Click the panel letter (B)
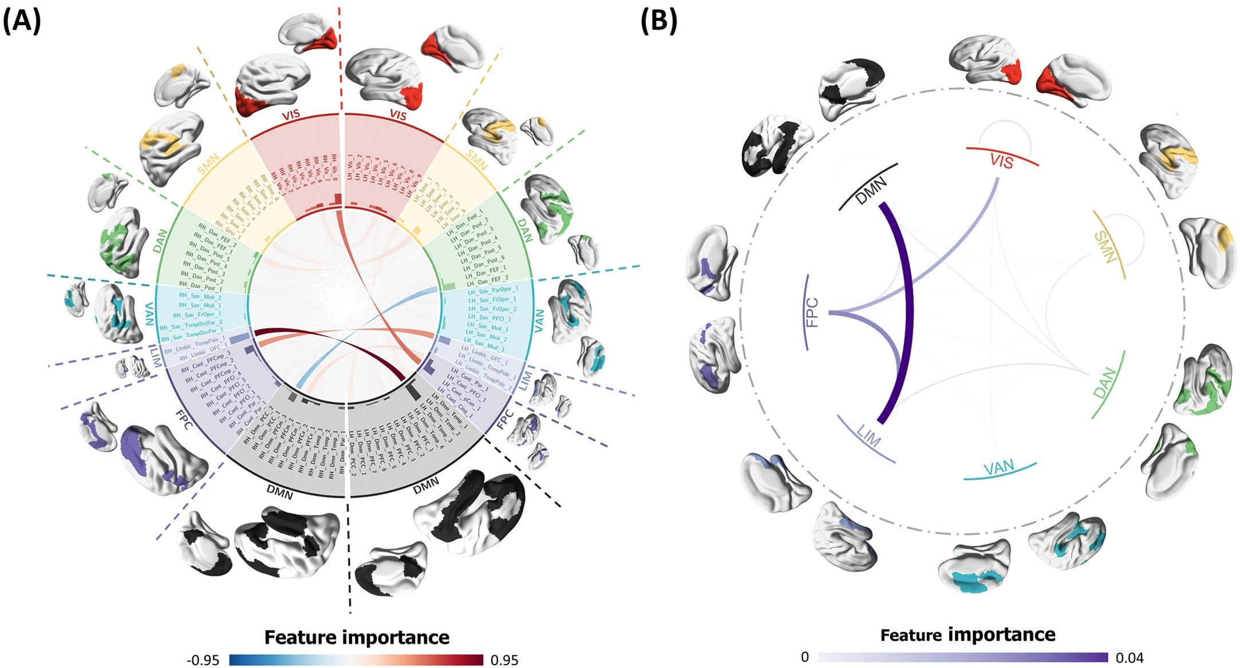tap(658, 22)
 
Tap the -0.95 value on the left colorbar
tap(203, 660)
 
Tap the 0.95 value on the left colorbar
tap(504, 660)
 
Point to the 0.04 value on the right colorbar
tap(1130, 658)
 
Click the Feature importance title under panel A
tap(357, 637)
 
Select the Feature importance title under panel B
tap(967, 635)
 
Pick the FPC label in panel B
tap(812, 312)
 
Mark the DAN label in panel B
tap(1105, 383)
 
